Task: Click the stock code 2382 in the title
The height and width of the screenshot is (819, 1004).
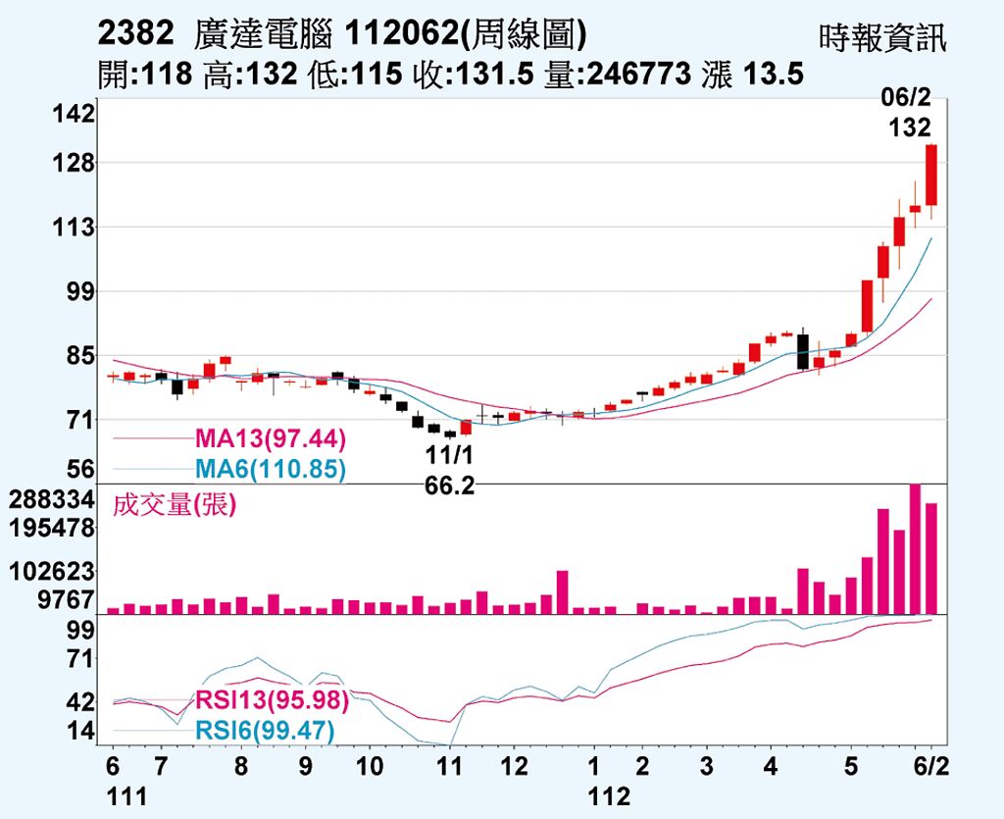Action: point(137,34)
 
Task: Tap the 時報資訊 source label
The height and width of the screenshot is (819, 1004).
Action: point(883,38)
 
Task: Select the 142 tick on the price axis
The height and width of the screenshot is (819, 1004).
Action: point(75,114)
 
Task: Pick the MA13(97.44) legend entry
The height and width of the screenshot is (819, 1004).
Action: point(271,437)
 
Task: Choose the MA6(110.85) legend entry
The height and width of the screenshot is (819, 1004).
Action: point(271,470)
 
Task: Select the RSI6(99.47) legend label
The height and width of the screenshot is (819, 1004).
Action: point(265,731)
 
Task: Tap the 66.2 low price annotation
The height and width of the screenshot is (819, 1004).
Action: point(450,486)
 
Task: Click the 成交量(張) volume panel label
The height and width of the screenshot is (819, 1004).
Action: point(176,505)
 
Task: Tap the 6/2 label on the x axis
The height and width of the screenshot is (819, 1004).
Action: point(930,766)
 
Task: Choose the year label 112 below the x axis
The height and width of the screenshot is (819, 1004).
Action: point(609,796)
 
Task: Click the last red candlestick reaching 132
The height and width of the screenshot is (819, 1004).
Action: point(930,175)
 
